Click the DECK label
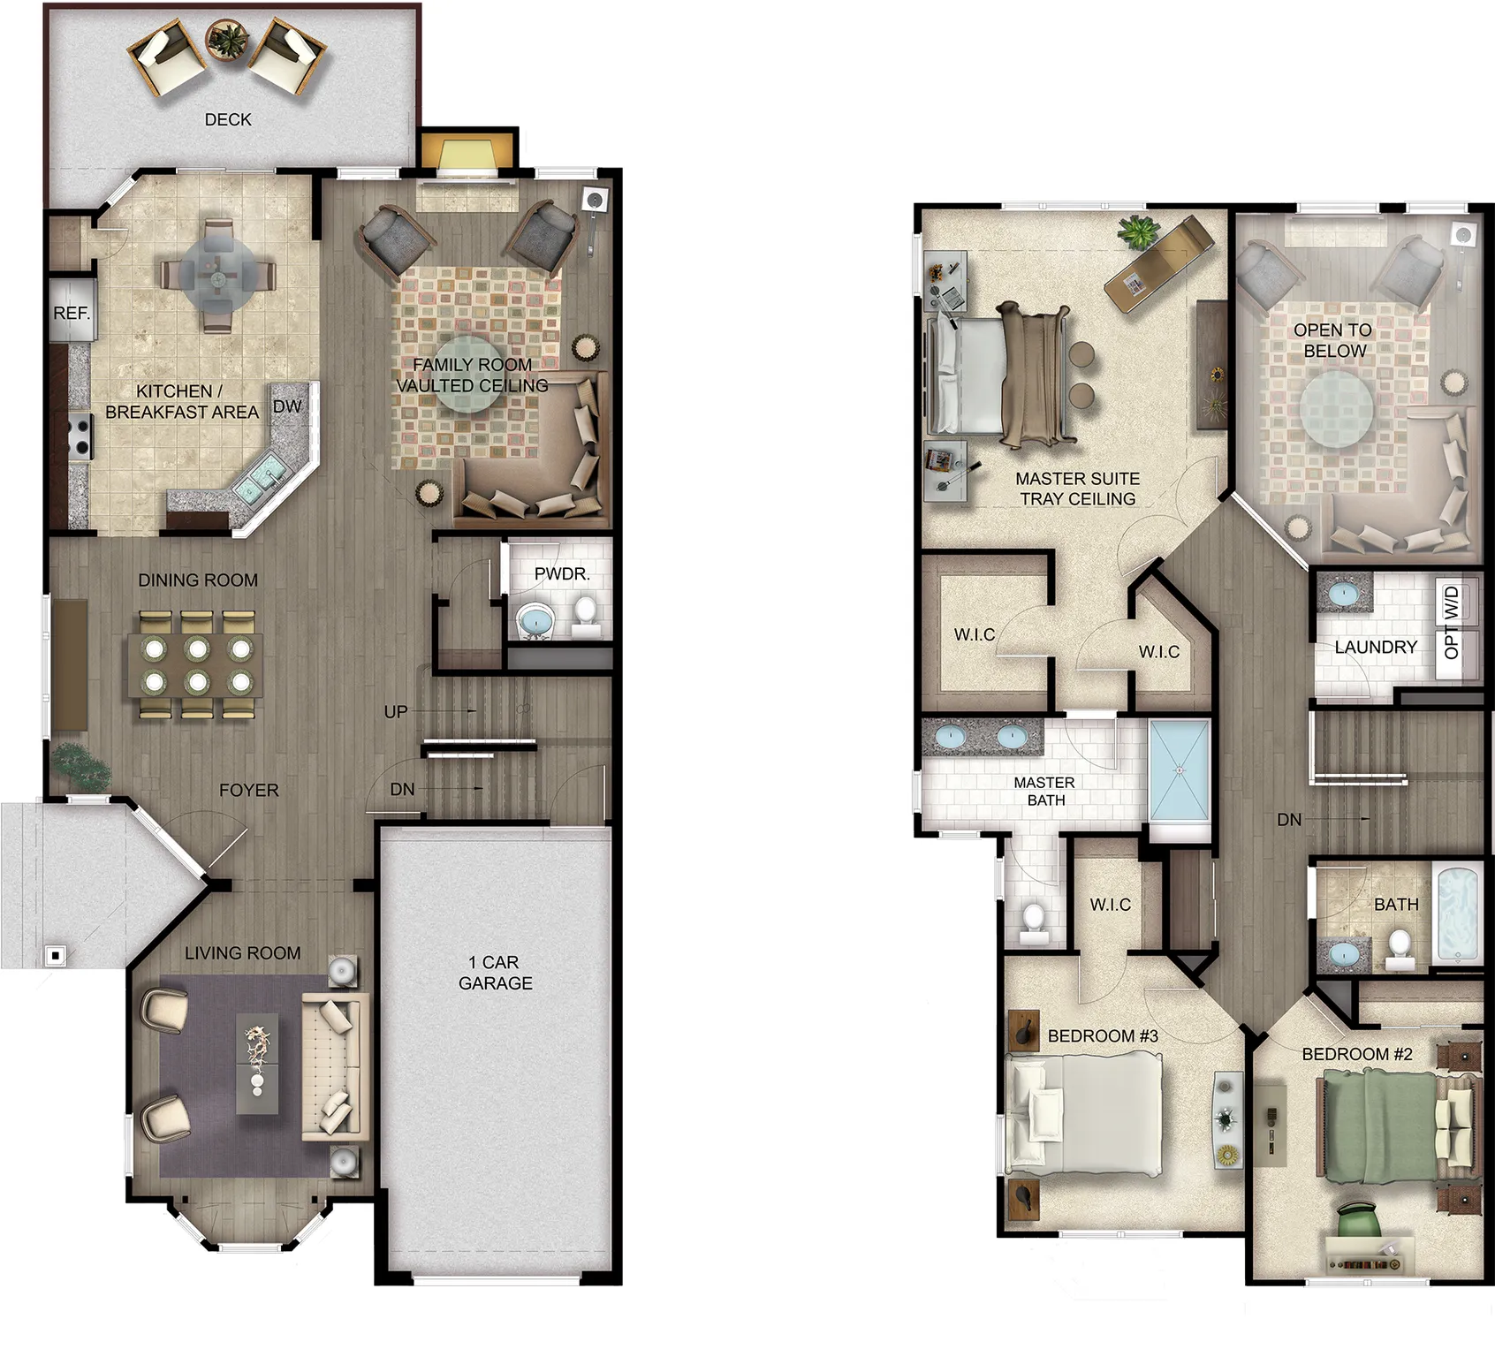pos(228,119)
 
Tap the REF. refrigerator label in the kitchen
pos(72,313)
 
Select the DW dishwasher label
pos(287,406)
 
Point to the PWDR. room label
pos(562,573)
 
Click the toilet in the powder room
pos(585,615)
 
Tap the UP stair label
pos(396,711)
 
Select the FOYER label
pos(248,790)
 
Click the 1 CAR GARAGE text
pos(495,973)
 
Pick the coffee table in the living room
pos(257,1064)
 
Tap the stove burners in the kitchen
pos(81,436)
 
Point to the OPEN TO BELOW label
pos(1333,340)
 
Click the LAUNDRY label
pos(1376,647)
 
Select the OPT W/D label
pos(1451,623)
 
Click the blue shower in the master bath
pos(1180,770)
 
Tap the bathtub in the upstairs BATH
pos(1457,914)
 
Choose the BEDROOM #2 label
pos(1357,1054)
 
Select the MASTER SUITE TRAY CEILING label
pos(1078,489)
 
